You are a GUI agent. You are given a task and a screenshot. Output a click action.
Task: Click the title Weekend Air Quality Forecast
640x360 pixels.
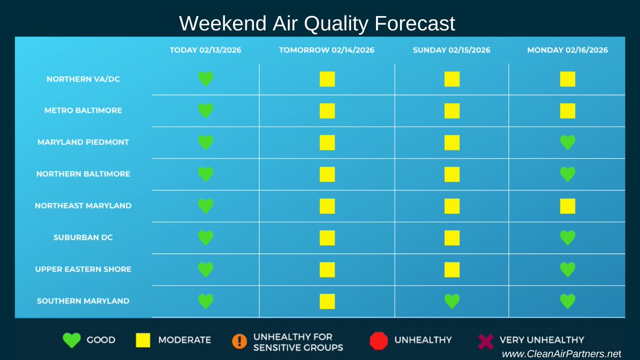(x=317, y=23)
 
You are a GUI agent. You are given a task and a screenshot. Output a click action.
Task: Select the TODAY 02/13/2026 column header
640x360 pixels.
(x=205, y=50)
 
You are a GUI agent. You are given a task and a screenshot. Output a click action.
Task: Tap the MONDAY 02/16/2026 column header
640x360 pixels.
(x=567, y=50)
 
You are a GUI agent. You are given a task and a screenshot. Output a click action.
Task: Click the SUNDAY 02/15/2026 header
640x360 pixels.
(x=451, y=50)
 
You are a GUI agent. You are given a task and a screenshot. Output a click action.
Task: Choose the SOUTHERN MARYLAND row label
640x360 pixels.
(x=83, y=301)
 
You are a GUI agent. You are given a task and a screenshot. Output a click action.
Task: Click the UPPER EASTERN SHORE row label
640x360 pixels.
(x=83, y=269)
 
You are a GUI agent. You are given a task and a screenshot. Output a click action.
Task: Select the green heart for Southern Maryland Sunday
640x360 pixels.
(x=452, y=301)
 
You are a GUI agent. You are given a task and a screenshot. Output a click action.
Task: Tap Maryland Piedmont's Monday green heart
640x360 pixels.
(x=567, y=142)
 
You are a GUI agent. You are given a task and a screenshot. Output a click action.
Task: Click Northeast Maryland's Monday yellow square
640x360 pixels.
(x=567, y=206)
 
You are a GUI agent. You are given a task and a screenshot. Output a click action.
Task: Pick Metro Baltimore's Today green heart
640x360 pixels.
(x=205, y=111)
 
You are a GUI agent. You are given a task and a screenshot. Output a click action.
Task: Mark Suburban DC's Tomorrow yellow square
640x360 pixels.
(x=327, y=238)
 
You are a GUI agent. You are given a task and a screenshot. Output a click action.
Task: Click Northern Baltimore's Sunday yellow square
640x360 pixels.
(x=452, y=174)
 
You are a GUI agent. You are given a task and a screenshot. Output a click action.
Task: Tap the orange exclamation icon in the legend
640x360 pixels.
(x=239, y=341)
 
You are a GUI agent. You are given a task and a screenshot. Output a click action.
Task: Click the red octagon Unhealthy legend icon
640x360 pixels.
(x=378, y=341)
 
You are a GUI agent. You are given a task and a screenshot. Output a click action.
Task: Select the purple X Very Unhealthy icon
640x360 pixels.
(x=485, y=341)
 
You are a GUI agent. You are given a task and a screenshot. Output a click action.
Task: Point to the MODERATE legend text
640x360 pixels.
(x=185, y=340)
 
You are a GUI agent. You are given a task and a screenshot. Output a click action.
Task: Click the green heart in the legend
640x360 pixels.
(x=71, y=340)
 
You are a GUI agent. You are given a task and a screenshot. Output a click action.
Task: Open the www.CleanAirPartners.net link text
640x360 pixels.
(x=562, y=353)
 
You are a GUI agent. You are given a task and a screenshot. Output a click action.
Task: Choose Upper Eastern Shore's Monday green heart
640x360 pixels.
(x=567, y=269)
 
